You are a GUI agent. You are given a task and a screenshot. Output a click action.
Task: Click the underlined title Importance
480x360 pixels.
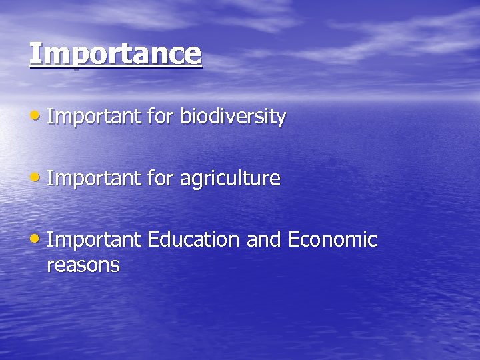tap(115, 54)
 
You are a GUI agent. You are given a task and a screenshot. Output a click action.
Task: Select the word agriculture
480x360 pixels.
tap(231, 179)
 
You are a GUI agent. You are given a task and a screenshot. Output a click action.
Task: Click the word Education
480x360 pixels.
tap(194, 239)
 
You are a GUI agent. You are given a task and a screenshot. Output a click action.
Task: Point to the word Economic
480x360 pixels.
tap(333, 239)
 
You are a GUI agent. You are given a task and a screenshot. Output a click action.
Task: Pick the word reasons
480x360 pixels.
tap(83, 266)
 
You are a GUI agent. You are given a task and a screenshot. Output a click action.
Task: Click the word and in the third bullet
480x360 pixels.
tap(264, 239)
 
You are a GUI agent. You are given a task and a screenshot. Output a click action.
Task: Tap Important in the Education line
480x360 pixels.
tap(94, 239)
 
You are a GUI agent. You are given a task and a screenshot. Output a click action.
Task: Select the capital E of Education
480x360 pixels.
tap(153, 239)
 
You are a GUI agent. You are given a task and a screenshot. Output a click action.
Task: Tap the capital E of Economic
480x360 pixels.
tap(293, 239)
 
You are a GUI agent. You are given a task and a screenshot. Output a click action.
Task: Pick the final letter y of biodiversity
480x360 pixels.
tap(282, 119)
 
